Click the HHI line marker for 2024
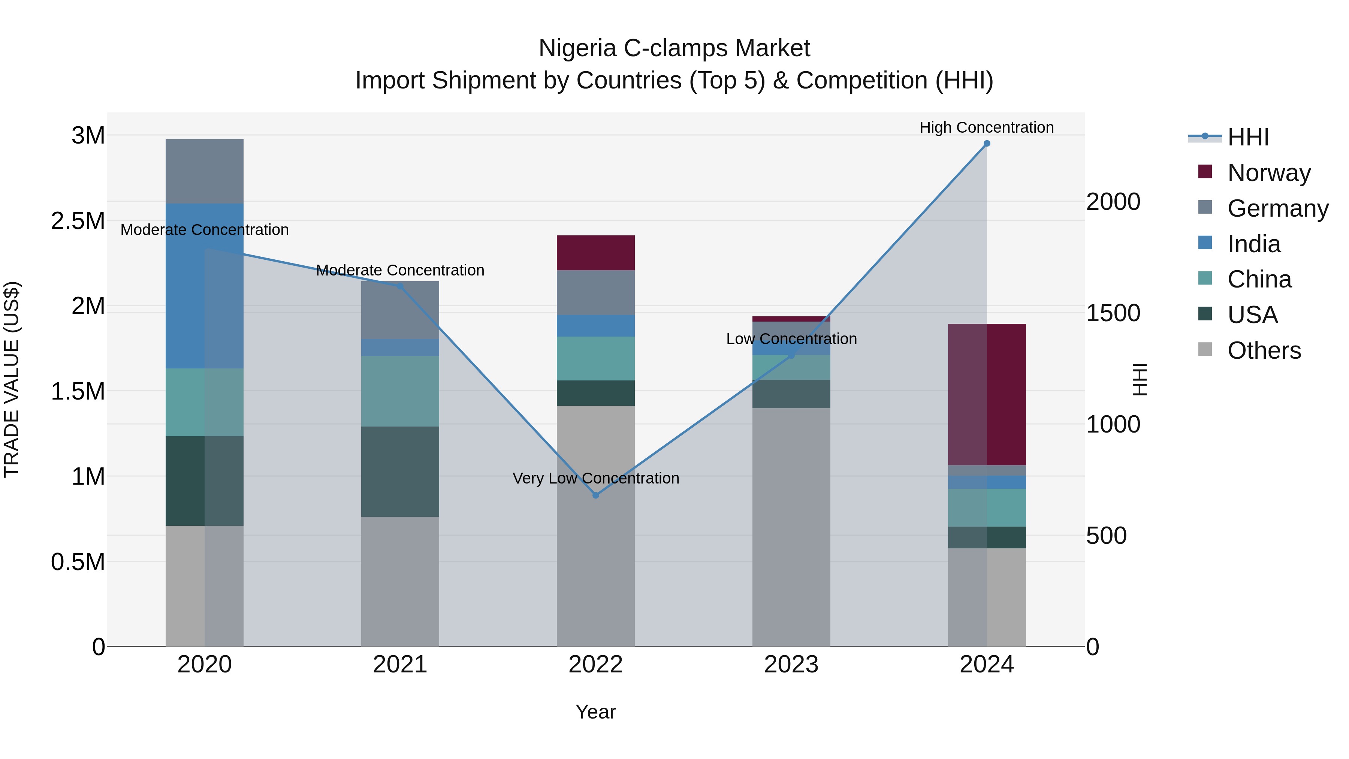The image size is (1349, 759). (987, 144)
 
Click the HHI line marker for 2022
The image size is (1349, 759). (595, 495)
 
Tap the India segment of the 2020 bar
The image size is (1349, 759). (204, 286)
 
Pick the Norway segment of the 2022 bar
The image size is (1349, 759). (595, 253)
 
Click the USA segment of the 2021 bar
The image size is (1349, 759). (400, 472)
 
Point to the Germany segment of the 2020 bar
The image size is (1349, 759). (204, 171)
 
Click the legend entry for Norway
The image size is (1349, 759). (1268, 172)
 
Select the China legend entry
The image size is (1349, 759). (1259, 279)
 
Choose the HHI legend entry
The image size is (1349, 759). (1247, 137)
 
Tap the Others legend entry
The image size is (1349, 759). (1264, 350)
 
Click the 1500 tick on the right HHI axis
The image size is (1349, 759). (1113, 313)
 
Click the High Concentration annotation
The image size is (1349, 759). (986, 127)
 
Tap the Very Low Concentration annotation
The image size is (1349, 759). (595, 478)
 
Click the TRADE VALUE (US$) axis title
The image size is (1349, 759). (12, 379)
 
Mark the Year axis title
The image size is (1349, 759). (595, 712)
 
